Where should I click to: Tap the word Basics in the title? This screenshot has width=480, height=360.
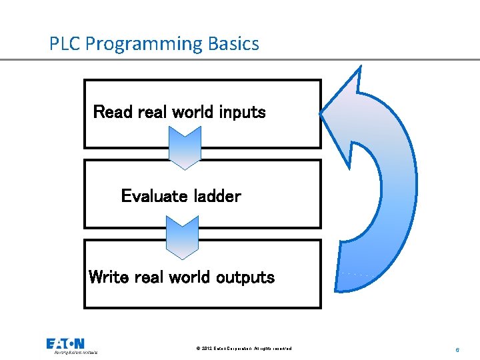pos(233,44)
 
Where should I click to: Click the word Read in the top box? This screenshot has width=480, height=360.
pos(113,112)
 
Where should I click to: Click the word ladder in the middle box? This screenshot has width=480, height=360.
pos(217,196)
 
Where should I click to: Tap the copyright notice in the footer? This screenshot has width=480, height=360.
pos(244,349)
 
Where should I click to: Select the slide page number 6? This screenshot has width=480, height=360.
pos(457,349)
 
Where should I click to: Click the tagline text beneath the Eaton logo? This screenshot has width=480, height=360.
pos(75,351)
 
